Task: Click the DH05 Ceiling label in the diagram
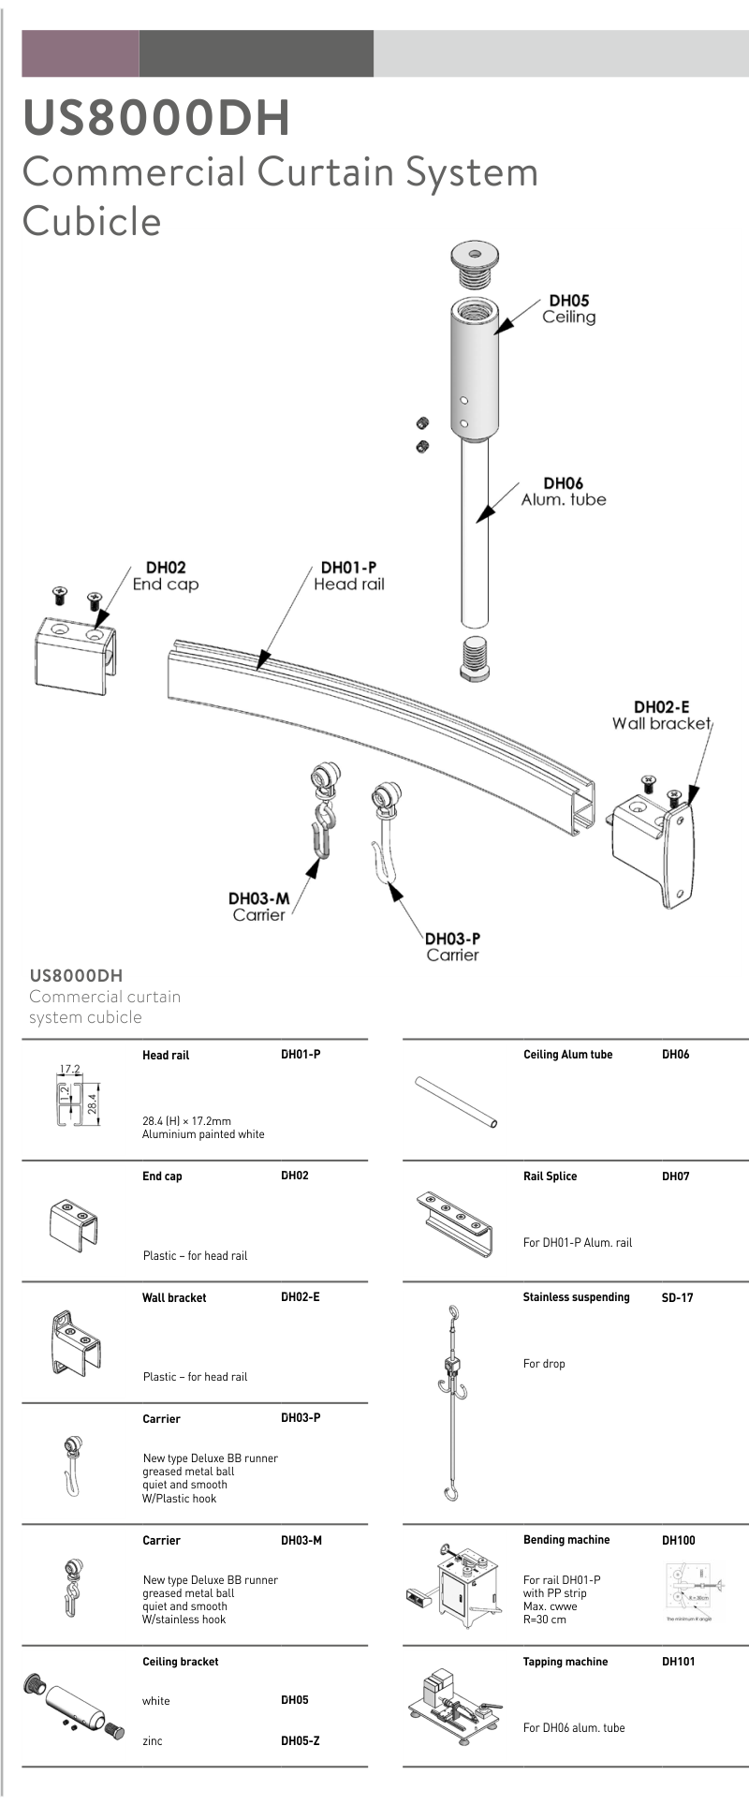[x=568, y=308]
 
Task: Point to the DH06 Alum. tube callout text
[x=564, y=491]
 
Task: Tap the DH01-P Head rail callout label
[x=348, y=575]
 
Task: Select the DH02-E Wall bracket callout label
[x=661, y=715]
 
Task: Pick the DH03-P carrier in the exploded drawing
[x=386, y=828]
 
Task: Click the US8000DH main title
[x=155, y=118]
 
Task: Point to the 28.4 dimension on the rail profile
[x=93, y=1102]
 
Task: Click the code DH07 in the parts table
[x=675, y=1176]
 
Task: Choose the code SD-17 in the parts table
[x=677, y=1297]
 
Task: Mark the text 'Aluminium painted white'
[x=203, y=1133]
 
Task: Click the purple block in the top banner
[x=81, y=53]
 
